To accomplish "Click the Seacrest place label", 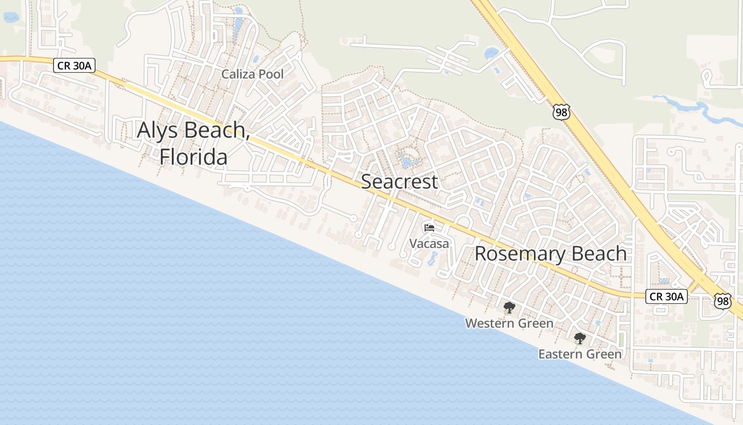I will tap(399, 182).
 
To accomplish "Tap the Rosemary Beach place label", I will tap(550, 253).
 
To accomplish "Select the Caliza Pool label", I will tap(252, 74).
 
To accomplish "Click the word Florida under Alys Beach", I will tap(194, 157).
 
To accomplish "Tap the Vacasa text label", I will tap(429, 244).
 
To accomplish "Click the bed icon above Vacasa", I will tap(429, 228).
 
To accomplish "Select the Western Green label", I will tap(509, 323).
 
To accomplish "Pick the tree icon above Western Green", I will tap(509, 308).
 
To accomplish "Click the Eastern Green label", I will tap(580, 354).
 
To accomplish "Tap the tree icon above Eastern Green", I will tap(580, 338).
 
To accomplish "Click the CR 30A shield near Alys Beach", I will tap(74, 66).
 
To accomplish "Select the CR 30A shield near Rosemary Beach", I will tap(666, 296).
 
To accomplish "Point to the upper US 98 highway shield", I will tap(561, 112).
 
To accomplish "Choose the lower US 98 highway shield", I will tap(722, 301).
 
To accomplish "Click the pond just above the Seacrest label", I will tap(408, 159).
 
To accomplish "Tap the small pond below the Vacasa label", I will tap(432, 259).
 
